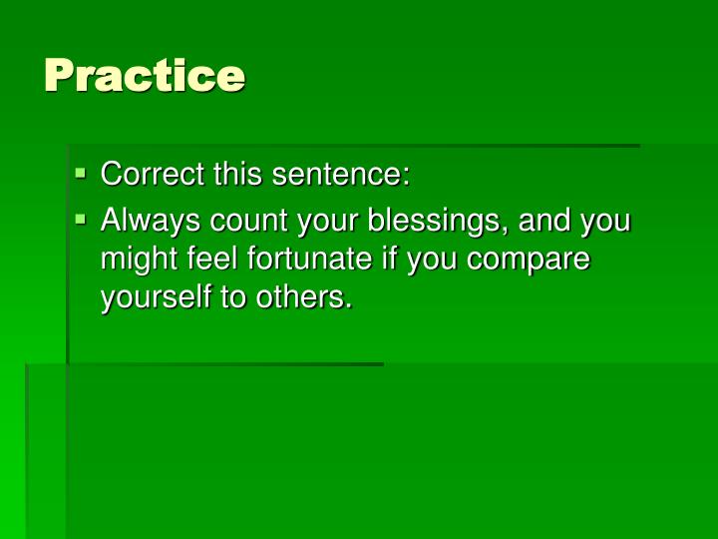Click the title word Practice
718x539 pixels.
(145, 76)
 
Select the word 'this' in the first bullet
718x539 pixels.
(232, 175)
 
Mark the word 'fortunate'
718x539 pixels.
(299, 260)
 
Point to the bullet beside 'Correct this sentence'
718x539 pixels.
(82, 175)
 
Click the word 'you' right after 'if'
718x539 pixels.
(431, 260)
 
